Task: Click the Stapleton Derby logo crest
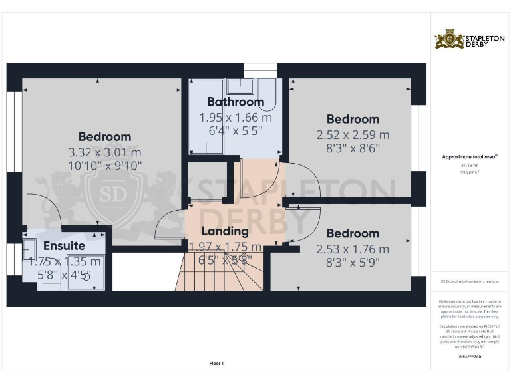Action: pyautogui.click(x=450, y=39)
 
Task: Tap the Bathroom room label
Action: pyautogui.click(x=236, y=102)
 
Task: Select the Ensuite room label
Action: pyautogui.click(x=65, y=245)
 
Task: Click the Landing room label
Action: pyautogui.click(x=226, y=231)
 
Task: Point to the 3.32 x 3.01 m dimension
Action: pyautogui.click(x=104, y=152)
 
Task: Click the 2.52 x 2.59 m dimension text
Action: pyautogui.click(x=353, y=135)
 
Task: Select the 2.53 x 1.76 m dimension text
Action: pyautogui.click(x=353, y=249)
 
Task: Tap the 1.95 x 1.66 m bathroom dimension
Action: pyautogui.click(x=236, y=117)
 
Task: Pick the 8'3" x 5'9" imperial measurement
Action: pyautogui.click(x=353, y=263)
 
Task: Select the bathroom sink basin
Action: pyautogui.click(x=240, y=86)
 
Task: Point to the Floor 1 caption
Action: pyautogui.click(x=216, y=363)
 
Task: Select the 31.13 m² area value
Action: pyautogui.click(x=470, y=165)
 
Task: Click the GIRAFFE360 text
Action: pyautogui.click(x=470, y=357)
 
